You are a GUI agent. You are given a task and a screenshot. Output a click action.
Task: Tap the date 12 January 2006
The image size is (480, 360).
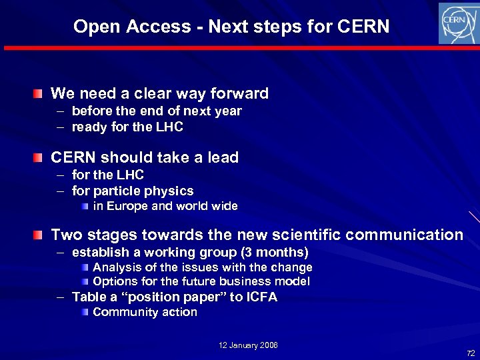248,345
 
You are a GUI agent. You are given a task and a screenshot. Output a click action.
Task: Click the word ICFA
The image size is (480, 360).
261,297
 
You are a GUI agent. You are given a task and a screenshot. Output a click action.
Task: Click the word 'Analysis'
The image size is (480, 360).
115,267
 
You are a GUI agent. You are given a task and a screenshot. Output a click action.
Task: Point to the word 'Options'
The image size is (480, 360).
113,281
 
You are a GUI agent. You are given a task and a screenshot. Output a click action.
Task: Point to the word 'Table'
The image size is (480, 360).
88,297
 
